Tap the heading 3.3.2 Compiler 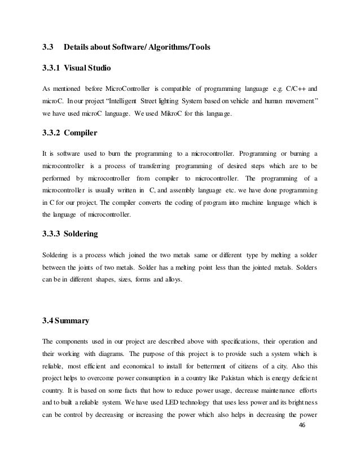(x=70, y=134)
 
